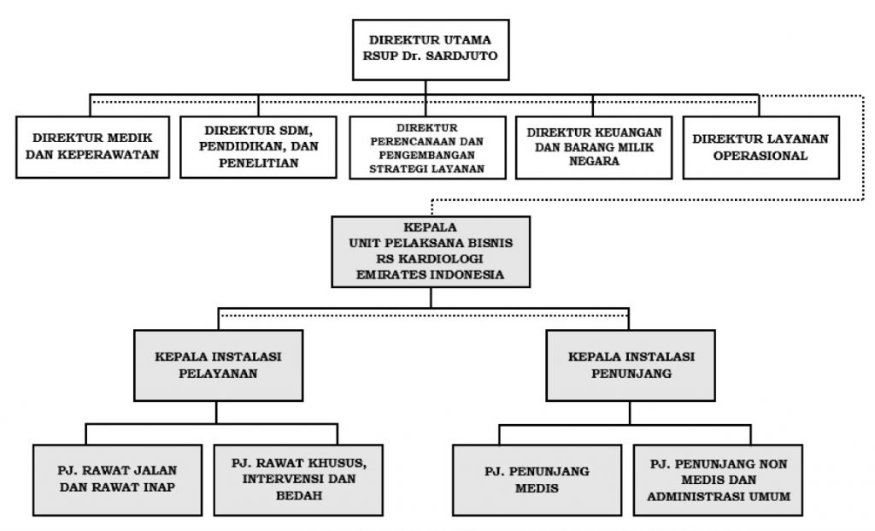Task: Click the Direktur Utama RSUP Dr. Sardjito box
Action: coord(431,50)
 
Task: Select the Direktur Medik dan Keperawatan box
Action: coord(92,147)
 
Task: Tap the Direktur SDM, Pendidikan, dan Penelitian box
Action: coord(258,147)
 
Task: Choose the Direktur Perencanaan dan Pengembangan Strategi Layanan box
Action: coord(427,147)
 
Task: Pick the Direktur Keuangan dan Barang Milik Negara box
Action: coord(594,147)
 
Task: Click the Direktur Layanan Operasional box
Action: coord(761,147)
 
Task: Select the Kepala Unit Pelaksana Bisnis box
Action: coord(431,252)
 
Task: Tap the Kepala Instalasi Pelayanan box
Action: coord(218,365)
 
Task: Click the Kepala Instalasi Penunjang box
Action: coord(631,365)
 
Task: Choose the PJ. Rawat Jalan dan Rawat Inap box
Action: coord(117,480)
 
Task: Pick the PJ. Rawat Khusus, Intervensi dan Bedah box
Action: coord(298,480)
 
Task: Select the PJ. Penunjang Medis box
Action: coord(537,480)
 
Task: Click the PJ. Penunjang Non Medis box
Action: coord(718,480)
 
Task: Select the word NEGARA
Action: coord(595,162)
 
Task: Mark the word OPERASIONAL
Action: coord(760,156)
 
